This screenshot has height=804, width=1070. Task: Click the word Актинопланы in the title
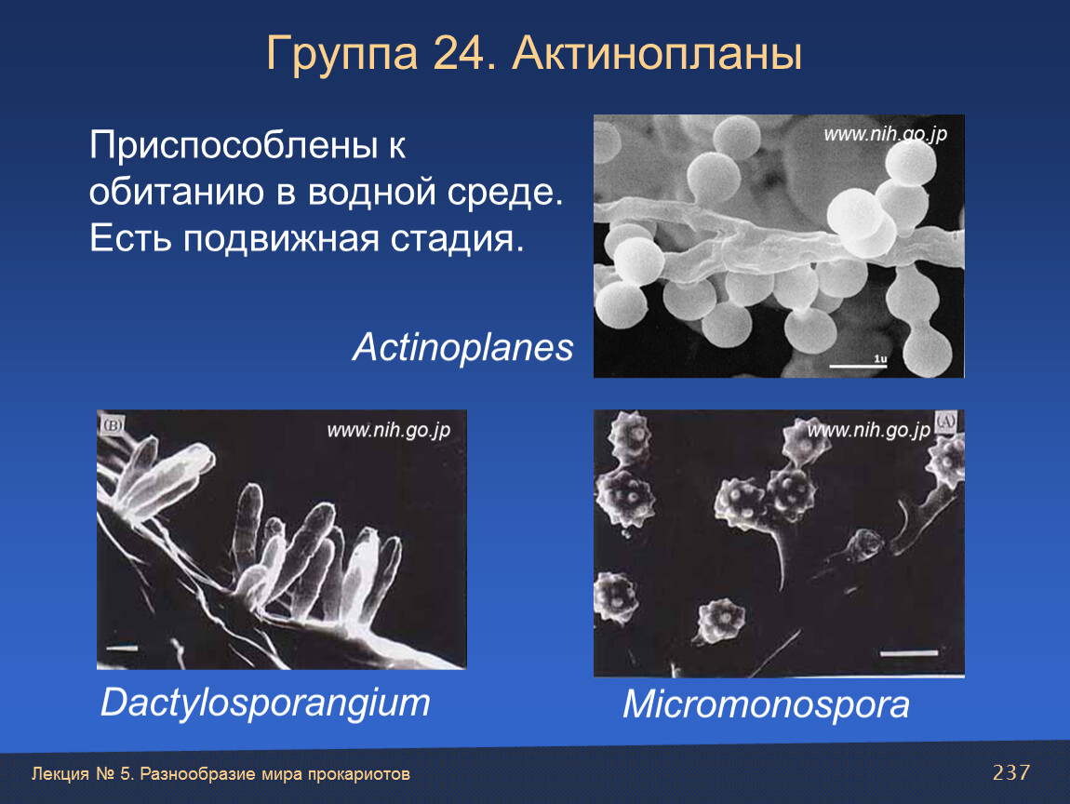657,53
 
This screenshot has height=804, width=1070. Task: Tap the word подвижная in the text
280,238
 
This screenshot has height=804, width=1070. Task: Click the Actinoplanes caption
462,347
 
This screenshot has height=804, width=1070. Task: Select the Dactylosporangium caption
265,703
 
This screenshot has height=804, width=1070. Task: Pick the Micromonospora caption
766,704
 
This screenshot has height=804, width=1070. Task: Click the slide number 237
1010,772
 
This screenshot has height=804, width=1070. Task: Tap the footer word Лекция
60,774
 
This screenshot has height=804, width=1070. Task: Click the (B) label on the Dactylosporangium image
112,426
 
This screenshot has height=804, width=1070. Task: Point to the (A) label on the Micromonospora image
945,422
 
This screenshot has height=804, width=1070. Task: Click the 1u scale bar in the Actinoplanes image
858,367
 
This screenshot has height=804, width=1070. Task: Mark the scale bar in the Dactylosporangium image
122,648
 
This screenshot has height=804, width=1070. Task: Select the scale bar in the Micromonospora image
908,654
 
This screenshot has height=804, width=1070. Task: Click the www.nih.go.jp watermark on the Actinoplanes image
885,134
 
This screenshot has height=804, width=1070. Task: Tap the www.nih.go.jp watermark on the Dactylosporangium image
388,431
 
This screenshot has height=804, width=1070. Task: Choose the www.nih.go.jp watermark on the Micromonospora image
869,431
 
